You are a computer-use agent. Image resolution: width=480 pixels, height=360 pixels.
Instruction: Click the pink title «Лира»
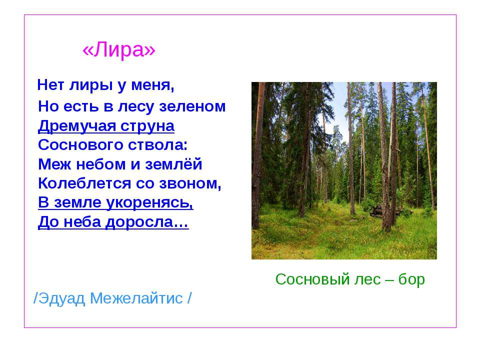119,49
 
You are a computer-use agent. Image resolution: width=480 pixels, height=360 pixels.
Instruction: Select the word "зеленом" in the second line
192,106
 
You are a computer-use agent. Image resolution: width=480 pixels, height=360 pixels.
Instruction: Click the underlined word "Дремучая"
77,126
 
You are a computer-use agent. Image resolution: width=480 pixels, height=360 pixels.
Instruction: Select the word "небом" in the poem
101,164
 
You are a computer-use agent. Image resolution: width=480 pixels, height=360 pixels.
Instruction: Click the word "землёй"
173,164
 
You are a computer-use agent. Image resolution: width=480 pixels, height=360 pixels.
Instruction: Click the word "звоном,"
190,183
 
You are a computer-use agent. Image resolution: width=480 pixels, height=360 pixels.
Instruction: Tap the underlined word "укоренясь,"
150,202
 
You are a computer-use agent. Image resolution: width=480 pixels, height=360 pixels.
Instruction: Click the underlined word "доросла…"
147,222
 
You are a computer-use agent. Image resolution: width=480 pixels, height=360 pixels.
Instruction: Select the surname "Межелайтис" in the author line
136,298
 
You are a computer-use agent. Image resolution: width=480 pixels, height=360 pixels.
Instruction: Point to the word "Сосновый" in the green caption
312,279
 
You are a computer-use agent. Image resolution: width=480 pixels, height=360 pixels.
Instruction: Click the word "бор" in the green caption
411,279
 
